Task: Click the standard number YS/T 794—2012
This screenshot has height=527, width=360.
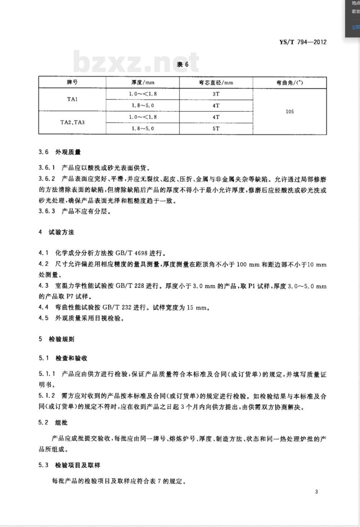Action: [x=303, y=42]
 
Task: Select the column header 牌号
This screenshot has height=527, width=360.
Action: [x=72, y=82]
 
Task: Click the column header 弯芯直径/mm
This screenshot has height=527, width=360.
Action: [x=216, y=82]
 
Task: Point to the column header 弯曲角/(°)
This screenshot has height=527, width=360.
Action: [x=289, y=82]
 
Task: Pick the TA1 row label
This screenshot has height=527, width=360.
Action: [x=72, y=99]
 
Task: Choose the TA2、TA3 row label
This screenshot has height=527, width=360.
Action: [x=72, y=122]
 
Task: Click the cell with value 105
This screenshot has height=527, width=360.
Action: [x=289, y=111]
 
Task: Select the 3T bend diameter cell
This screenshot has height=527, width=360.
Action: [x=216, y=94]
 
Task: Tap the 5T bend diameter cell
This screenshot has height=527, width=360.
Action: [x=216, y=128]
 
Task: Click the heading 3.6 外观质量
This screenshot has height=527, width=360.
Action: [x=59, y=152]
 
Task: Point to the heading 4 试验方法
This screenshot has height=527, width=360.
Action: [x=56, y=232]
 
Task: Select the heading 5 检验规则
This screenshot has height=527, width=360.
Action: [x=56, y=339]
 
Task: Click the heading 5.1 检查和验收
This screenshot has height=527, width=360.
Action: [x=63, y=358]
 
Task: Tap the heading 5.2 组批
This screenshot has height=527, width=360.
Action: [x=53, y=423]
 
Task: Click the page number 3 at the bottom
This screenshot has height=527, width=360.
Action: [x=316, y=492]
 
